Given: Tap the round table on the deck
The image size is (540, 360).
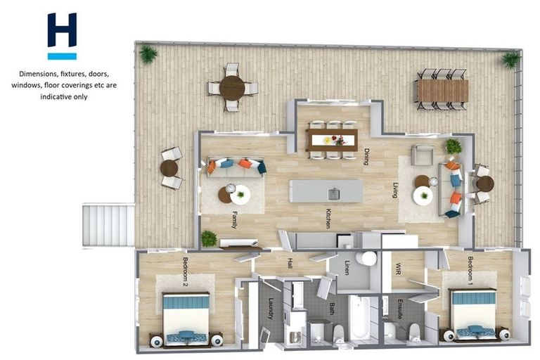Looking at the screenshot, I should point(231,88).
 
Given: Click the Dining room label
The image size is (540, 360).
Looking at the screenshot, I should point(366,155).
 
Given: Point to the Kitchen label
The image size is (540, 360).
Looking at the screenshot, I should point(328,218).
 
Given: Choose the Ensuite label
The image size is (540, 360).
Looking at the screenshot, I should point(399,309).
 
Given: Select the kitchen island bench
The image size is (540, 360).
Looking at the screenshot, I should point(326,191).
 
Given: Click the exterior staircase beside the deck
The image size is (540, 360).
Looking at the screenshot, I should point(108,224).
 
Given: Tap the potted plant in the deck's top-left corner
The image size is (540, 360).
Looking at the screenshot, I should point(148,53).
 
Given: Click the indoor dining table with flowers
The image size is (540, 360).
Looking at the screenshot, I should point(332,139).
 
